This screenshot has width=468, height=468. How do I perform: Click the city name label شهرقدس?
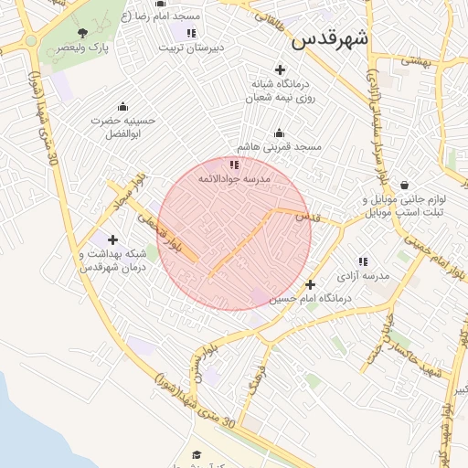click(x=330, y=39)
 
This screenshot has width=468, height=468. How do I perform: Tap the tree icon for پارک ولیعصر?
click(x=83, y=33)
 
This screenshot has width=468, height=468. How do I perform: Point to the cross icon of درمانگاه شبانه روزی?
click(x=280, y=69)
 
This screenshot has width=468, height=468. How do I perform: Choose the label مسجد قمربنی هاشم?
click(x=279, y=147)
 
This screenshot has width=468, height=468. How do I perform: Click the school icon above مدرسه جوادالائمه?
click(x=235, y=165)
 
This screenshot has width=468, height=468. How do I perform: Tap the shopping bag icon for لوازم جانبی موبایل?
click(x=404, y=186)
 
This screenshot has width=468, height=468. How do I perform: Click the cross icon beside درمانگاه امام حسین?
click(x=311, y=284)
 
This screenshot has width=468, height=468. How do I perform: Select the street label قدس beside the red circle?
click(x=310, y=217)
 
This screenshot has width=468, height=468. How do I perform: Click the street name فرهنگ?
click(x=255, y=376)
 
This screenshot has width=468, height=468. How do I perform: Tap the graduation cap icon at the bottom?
click(x=196, y=454)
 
